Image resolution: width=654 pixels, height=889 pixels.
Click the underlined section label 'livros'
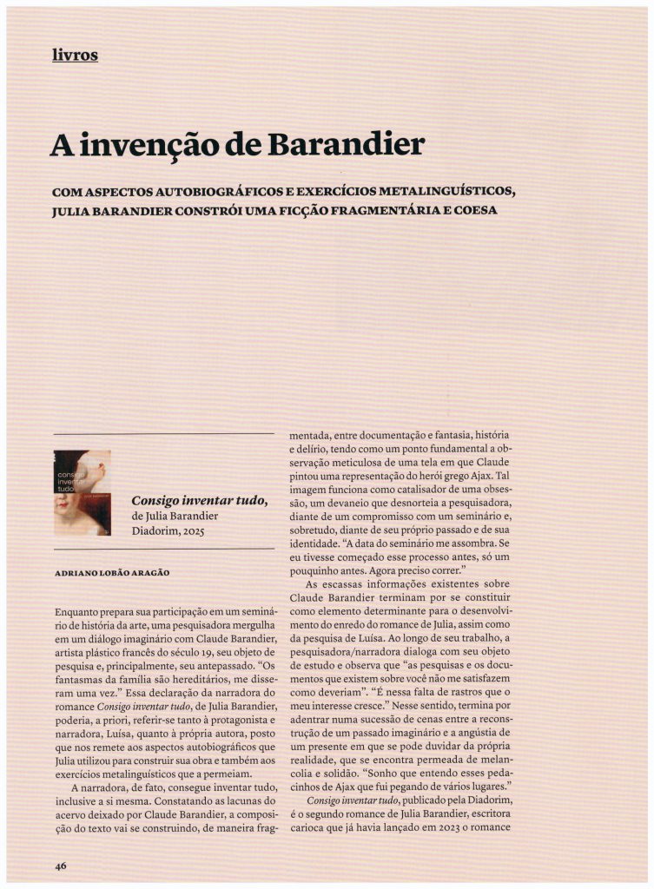(x=75, y=56)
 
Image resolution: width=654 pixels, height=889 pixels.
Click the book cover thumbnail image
(x=83, y=492)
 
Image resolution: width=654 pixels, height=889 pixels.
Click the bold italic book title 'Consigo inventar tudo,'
(x=199, y=501)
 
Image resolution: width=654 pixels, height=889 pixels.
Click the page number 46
(x=60, y=865)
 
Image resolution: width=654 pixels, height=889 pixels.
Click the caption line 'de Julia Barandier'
(x=175, y=517)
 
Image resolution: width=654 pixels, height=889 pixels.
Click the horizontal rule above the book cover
(x=163, y=433)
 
